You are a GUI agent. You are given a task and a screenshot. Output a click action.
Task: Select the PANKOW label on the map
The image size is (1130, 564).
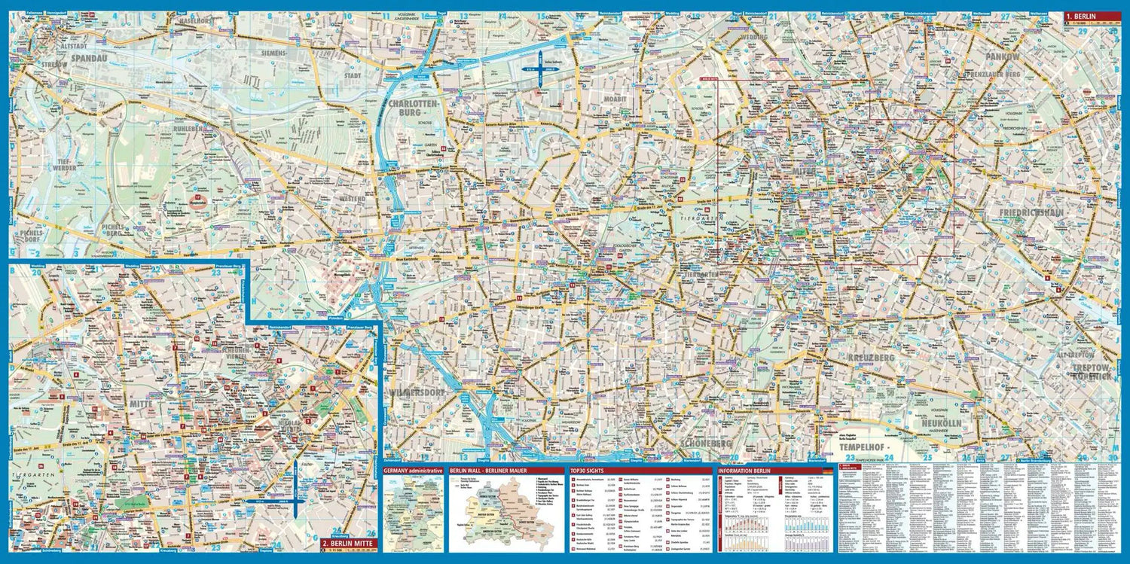(x=1002, y=57)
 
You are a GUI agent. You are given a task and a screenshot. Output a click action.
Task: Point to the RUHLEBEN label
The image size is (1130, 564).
(x=186, y=128)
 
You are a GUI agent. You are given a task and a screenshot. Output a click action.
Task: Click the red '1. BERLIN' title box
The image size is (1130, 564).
(x=1092, y=16)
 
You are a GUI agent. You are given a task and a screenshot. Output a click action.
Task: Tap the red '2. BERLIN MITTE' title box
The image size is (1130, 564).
(x=347, y=542)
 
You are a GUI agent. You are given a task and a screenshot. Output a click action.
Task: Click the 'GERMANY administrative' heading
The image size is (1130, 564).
(x=413, y=470)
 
